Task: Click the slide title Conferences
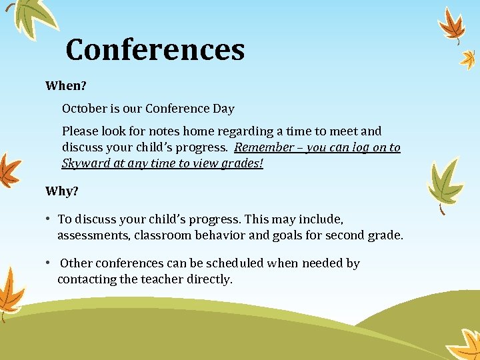point(155,49)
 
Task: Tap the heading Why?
point(61,191)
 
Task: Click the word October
point(84,108)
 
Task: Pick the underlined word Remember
point(264,147)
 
